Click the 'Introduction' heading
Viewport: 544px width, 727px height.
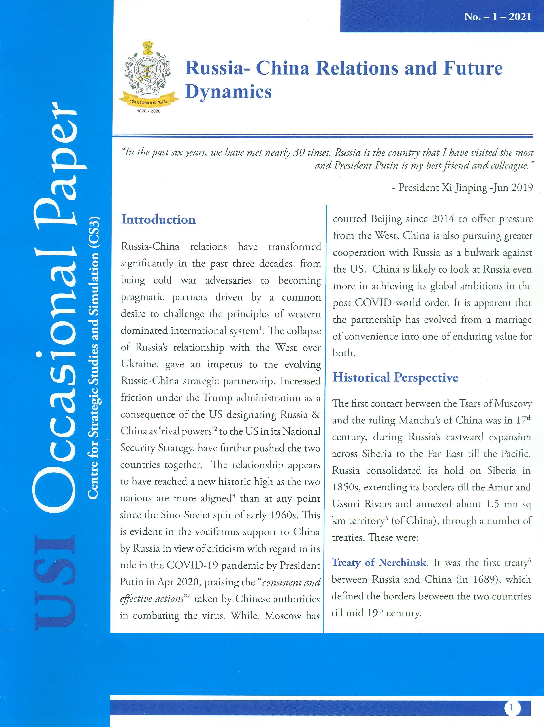click(x=158, y=220)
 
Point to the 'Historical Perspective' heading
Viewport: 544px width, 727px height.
click(x=395, y=377)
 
